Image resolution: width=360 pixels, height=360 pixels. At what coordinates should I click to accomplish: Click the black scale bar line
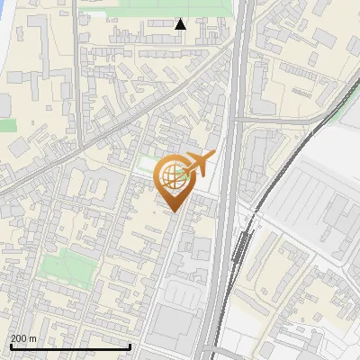tap(70, 346)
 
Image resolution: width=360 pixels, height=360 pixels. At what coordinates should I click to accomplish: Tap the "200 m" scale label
tap(23, 338)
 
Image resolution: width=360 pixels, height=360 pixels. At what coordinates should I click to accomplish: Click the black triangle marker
tap(180, 24)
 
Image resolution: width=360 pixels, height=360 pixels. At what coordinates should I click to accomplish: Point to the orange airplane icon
tap(200, 164)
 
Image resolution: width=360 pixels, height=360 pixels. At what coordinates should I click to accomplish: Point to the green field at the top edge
tap(153, 7)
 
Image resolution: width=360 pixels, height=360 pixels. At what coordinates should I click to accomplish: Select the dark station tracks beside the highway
tap(240, 247)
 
